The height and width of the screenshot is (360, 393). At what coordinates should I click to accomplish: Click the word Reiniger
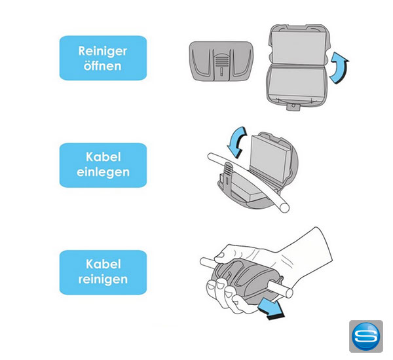(x=103, y=51)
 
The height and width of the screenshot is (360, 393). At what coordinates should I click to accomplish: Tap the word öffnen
(x=103, y=66)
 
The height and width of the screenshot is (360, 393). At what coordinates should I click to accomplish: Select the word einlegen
(x=103, y=172)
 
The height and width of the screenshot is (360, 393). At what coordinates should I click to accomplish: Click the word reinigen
(x=103, y=279)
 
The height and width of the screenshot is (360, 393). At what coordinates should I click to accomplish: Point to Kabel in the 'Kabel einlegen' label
(x=103, y=157)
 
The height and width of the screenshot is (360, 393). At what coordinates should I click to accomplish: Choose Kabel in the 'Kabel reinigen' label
(x=103, y=264)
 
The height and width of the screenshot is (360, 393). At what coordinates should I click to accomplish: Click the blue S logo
(x=366, y=336)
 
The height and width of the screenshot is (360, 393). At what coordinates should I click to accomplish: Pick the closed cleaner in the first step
(x=221, y=61)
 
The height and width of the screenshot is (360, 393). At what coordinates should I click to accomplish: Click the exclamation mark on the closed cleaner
(x=221, y=72)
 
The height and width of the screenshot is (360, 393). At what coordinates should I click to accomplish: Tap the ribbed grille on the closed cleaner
(x=221, y=61)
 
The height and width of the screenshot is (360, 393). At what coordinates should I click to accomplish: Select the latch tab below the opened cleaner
(x=293, y=106)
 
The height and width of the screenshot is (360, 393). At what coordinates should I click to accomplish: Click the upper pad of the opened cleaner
(x=299, y=48)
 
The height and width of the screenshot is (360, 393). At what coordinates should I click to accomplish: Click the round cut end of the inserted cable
(x=285, y=207)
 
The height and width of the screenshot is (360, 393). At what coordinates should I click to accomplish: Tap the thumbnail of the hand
(x=219, y=255)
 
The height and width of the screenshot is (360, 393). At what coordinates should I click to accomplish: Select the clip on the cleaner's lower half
(x=227, y=178)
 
